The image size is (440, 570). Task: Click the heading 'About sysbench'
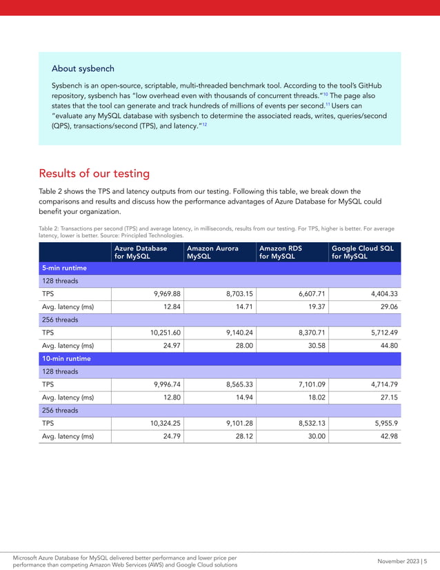pyautogui.click(x=83, y=69)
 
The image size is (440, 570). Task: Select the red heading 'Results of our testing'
pyautogui.click(x=94, y=173)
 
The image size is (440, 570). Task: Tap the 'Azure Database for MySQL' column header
pyautogui.click(x=141, y=252)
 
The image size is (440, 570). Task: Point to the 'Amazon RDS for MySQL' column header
pyautogui.click(x=281, y=252)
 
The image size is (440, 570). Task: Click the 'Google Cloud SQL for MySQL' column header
pyautogui.click(x=362, y=252)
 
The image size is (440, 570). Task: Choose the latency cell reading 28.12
pyautogui.click(x=237, y=436)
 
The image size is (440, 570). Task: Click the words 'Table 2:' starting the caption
pyautogui.click(x=50, y=228)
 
